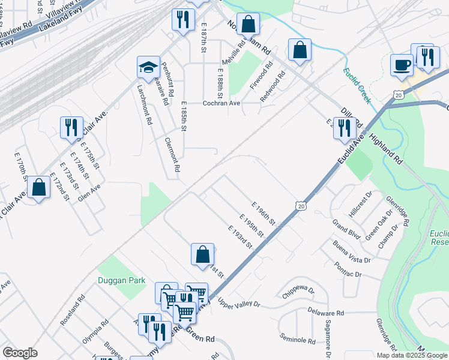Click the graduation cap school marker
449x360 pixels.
(x=148, y=68)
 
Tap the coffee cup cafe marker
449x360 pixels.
(x=402, y=64)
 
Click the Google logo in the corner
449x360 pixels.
(x=20, y=353)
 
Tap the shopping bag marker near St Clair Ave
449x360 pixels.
(x=39, y=187)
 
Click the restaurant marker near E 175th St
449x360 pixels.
(x=71, y=127)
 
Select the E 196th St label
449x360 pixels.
(x=264, y=214)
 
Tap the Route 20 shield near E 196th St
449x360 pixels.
(x=300, y=206)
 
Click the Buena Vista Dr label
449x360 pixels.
(x=353, y=251)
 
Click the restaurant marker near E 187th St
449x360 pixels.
(x=183, y=19)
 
